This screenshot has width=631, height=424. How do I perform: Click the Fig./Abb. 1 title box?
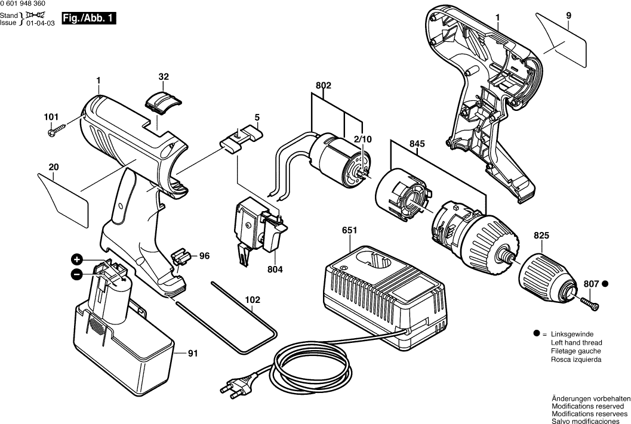(89, 18)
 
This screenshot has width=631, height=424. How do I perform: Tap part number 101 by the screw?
(51, 117)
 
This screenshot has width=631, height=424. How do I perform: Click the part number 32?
(164, 76)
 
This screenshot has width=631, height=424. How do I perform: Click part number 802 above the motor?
(323, 85)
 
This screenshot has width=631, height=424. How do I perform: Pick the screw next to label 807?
(590, 303)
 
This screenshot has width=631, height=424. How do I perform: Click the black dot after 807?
(605, 284)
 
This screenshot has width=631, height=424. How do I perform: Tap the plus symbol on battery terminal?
(76, 259)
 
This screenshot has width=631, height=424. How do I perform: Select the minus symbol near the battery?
(76, 274)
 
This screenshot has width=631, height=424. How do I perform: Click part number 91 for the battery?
(192, 353)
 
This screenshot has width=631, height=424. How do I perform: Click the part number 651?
(350, 230)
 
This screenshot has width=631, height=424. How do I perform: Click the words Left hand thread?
(576, 343)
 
